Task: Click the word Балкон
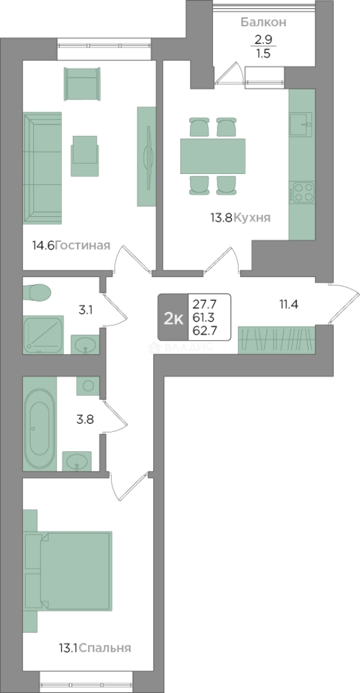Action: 263,22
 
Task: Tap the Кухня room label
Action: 252,218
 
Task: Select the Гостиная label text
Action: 83,245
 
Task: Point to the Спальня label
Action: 106,648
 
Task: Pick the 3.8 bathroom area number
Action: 85,418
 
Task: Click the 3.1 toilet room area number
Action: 85,310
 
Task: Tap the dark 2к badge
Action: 173,318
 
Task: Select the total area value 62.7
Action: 204,330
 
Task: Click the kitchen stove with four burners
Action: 302,193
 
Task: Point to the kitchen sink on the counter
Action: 301,124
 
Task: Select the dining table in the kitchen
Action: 213,156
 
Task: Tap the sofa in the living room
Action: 42,168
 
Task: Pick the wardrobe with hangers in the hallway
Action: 277,340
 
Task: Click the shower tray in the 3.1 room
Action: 44,334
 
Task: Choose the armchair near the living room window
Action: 82,85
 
